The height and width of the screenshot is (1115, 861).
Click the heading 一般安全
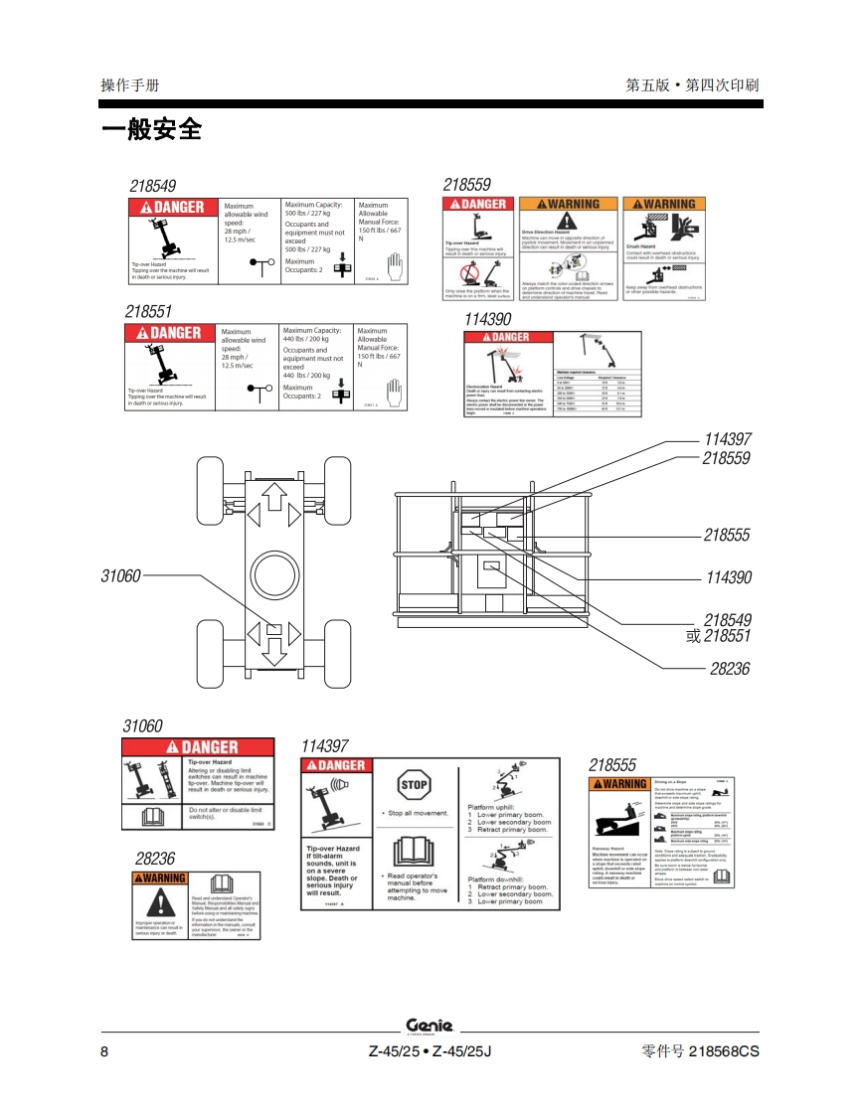(x=151, y=129)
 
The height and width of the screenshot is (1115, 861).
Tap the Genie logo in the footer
(x=430, y=1026)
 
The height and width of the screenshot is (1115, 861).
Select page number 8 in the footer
(x=104, y=1051)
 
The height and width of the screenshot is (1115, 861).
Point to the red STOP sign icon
(x=414, y=785)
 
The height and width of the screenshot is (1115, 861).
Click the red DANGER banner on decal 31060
(x=198, y=747)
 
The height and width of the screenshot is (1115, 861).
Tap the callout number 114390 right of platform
(x=728, y=577)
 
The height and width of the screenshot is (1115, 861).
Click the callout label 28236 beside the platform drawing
(x=730, y=669)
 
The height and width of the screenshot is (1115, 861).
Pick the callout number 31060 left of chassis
(x=121, y=574)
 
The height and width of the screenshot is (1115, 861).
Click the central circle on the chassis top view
(x=274, y=573)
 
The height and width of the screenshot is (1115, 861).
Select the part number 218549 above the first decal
(x=153, y=186)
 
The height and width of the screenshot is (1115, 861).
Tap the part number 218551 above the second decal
(x=149, y=311)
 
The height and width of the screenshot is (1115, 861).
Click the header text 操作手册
(x=130, y=85)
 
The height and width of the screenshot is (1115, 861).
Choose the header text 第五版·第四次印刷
(x=692, y=85)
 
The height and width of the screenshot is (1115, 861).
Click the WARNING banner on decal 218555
(x=620, y=784)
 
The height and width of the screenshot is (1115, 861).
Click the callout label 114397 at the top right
(x=728, y=439)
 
